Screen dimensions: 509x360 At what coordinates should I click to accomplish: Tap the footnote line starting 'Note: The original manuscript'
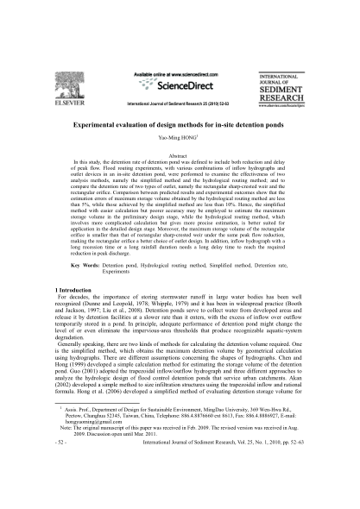[173, 474]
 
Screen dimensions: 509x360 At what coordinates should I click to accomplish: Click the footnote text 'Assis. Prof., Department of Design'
[129, 449]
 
